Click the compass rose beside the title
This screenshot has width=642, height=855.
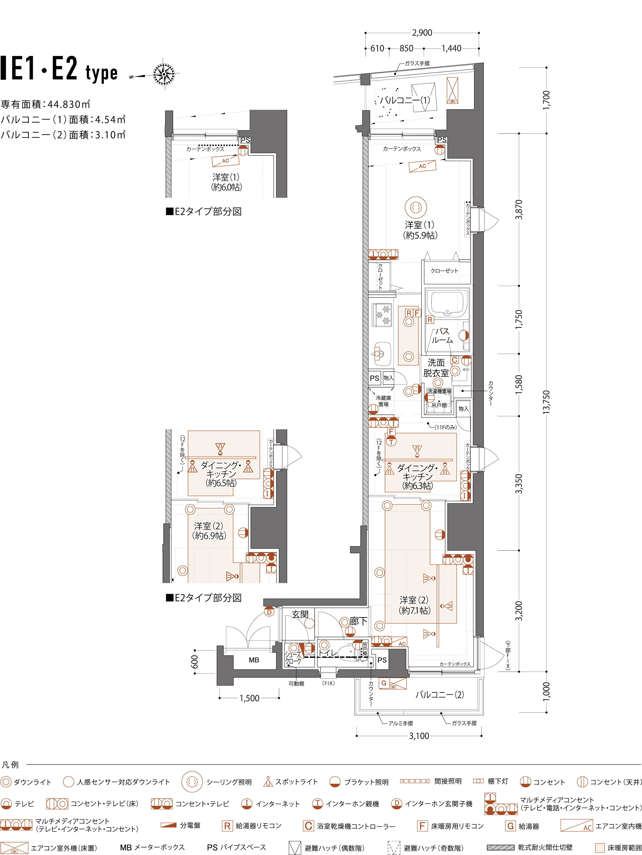[164, 73]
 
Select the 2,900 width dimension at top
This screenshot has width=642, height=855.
[422, 33]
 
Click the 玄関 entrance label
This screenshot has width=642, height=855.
[300, 614]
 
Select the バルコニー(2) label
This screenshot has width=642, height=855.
[440, 695]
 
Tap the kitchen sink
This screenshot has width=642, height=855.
[382, 353]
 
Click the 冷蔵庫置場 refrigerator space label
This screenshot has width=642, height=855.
[383, 401]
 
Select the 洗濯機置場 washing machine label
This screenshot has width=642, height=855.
[439, 391]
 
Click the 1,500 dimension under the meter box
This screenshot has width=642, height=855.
[249, 698]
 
